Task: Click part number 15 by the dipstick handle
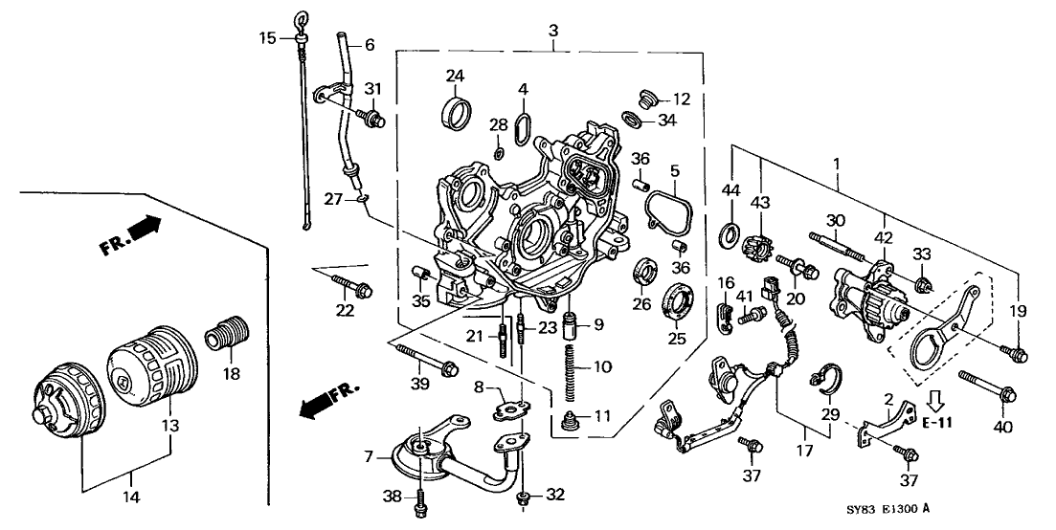[267, 37]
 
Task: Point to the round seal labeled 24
[455, 111]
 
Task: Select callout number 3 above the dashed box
[553, 31]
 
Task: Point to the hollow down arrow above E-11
[935, 403]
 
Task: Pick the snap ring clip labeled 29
[826, 375]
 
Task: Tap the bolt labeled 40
[987, 386]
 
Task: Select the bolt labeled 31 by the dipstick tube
[371, 119]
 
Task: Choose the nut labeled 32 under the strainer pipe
[523, 498]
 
